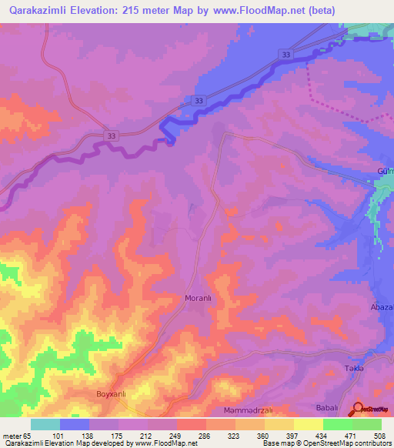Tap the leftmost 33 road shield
click(x=112, y=135)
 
